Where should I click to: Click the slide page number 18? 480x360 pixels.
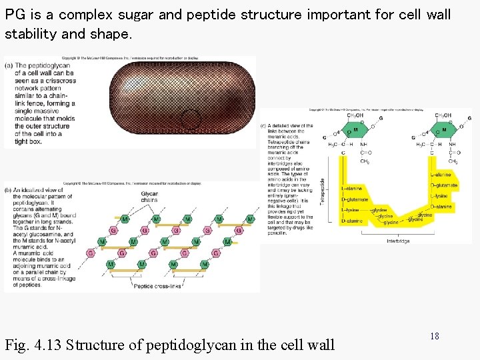click(435, 337)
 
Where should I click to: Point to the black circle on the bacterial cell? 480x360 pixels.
click(191, 119)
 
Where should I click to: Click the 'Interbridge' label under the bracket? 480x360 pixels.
click(398, 241)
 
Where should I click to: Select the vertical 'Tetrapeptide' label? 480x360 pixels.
click(322, 191)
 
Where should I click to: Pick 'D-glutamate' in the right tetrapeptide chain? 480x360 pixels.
click(443, 185)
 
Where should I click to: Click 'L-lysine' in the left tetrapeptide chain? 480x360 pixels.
click(353, 209)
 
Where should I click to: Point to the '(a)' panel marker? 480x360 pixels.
click(9, 65)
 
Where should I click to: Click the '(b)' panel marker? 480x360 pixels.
click(9, 190)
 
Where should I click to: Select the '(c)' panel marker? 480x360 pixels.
click(264, 125)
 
